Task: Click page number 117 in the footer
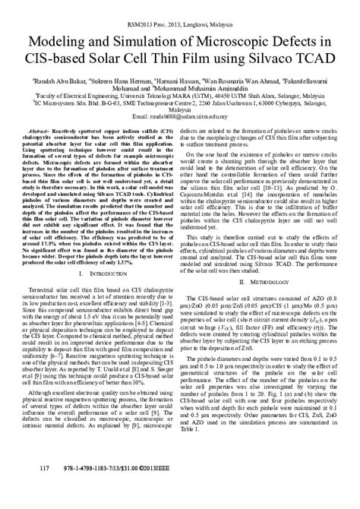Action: click(x=43, y=489)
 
